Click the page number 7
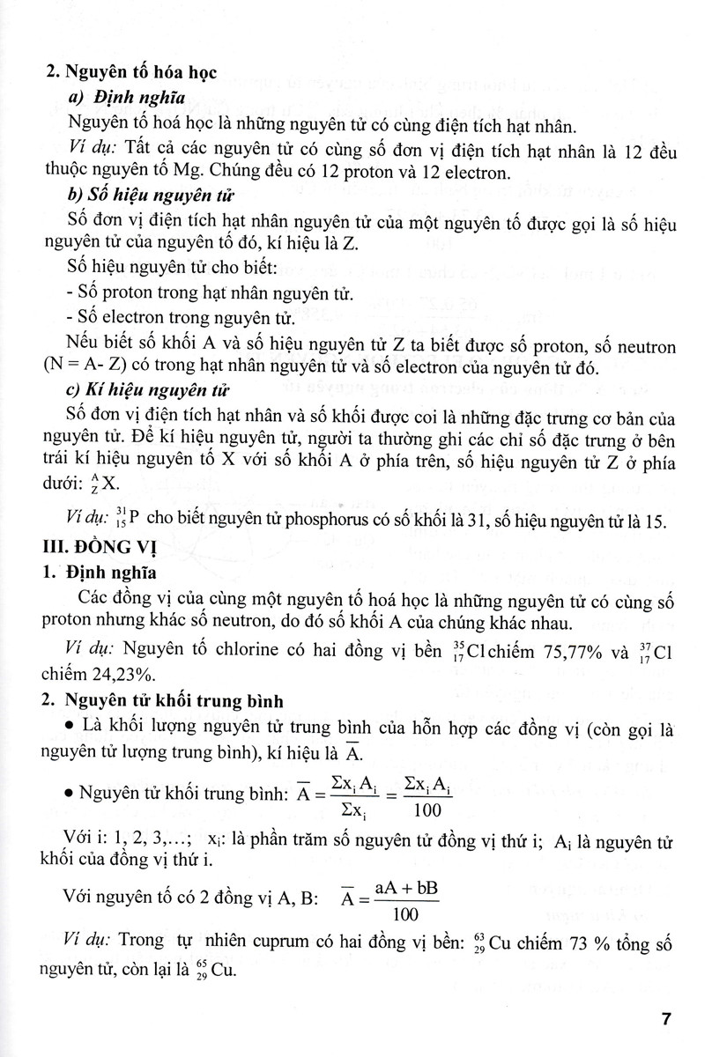(x=667, y=1020)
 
